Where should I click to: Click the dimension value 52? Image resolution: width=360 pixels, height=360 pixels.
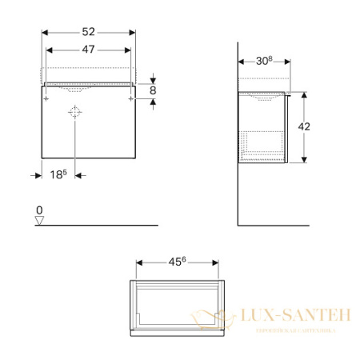coord(88,32)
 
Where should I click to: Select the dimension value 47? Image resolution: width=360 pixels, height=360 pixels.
coord(88,49)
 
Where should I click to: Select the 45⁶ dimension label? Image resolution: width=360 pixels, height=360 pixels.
coord(178,261)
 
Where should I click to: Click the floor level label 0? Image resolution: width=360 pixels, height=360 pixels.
coord(39,210)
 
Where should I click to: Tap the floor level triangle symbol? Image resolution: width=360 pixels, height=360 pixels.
coord(39,221)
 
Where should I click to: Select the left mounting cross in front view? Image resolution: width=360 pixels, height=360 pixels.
coord(46,99)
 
